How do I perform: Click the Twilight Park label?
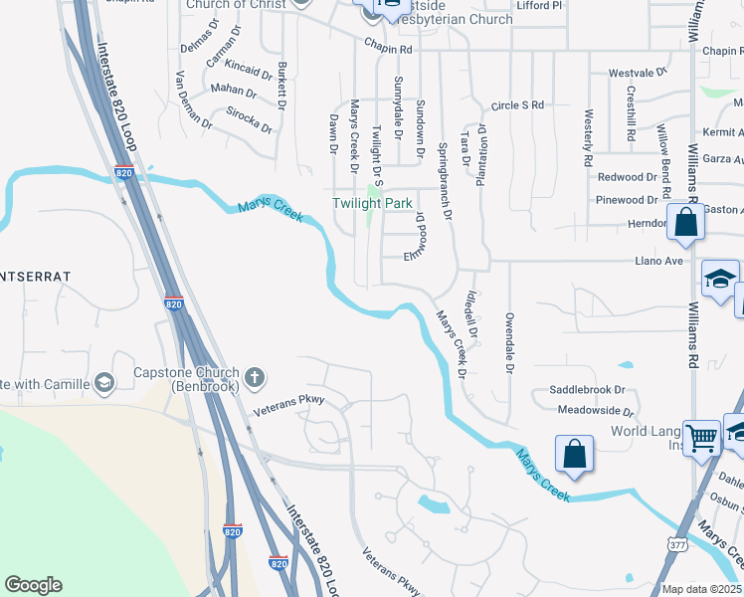372,203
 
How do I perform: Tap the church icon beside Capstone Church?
255,376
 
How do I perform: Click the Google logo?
33,585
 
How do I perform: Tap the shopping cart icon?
702,436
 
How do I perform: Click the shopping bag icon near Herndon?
686,221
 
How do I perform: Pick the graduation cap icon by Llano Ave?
720,278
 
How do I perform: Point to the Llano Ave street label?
659,261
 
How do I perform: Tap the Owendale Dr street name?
508,343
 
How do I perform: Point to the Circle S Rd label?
518,104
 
